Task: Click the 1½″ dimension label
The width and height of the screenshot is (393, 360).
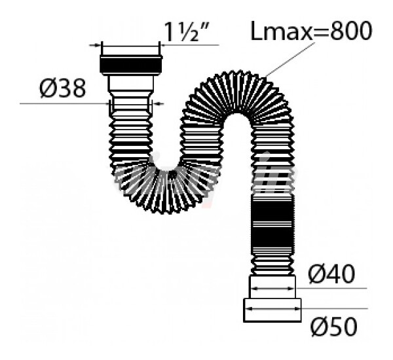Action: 190,31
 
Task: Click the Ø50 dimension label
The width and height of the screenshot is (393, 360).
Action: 332,325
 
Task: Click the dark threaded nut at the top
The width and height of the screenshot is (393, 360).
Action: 131,63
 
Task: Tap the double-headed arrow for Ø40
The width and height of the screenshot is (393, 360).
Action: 272,287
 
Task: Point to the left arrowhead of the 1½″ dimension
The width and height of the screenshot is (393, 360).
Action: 102,45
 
